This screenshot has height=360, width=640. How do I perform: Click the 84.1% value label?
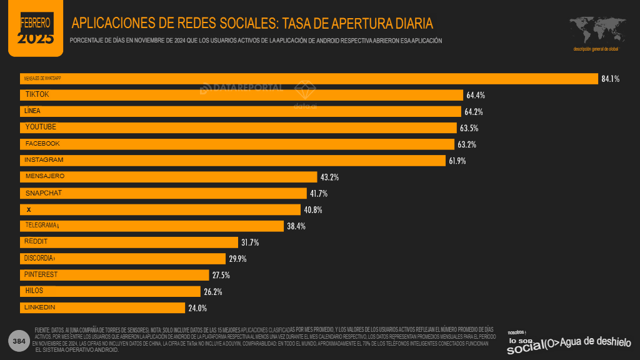pyautogui.click(x=610, y=79)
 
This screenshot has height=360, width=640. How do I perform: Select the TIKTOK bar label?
pyautogui.click(x=37, y=94)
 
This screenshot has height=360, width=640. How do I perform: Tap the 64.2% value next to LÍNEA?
pyautogui.click(x=474, y=112)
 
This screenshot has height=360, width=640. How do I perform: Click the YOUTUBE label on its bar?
pyautogui.click(x=41, y=127)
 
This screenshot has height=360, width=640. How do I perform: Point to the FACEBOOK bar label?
pyautogui.click(x=42, y=144)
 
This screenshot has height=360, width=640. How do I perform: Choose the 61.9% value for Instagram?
pyautogui.click(x=457, y=161)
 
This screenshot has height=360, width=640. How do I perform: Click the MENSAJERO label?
pyautogui.click(x=44, y=176)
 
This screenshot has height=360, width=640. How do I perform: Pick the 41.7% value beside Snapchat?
pyautogui.click(x=319, y=194)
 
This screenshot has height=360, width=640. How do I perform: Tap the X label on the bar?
pyautogui.click(x=29, y=209)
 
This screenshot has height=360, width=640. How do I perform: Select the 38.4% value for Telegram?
pyautogui.click(x=296, y=226)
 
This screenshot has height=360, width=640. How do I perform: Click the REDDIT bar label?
pyautogui.click(x=36, y=241)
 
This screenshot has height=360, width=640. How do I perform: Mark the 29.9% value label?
pyautogui.click(x=237, y=259)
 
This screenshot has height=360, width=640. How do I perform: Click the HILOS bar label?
pyautogui.click(x=34, y=291)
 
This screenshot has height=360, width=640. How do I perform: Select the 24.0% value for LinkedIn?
pyautogui.click(x=197, y=307)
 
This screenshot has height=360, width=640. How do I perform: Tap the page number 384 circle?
pyautogui.click(x=19, y=341)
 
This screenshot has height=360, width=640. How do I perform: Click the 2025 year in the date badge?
pyautogui.click(x=35, y=39)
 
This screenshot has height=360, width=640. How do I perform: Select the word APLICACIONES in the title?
pyautogui.click(x=114, y=24)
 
